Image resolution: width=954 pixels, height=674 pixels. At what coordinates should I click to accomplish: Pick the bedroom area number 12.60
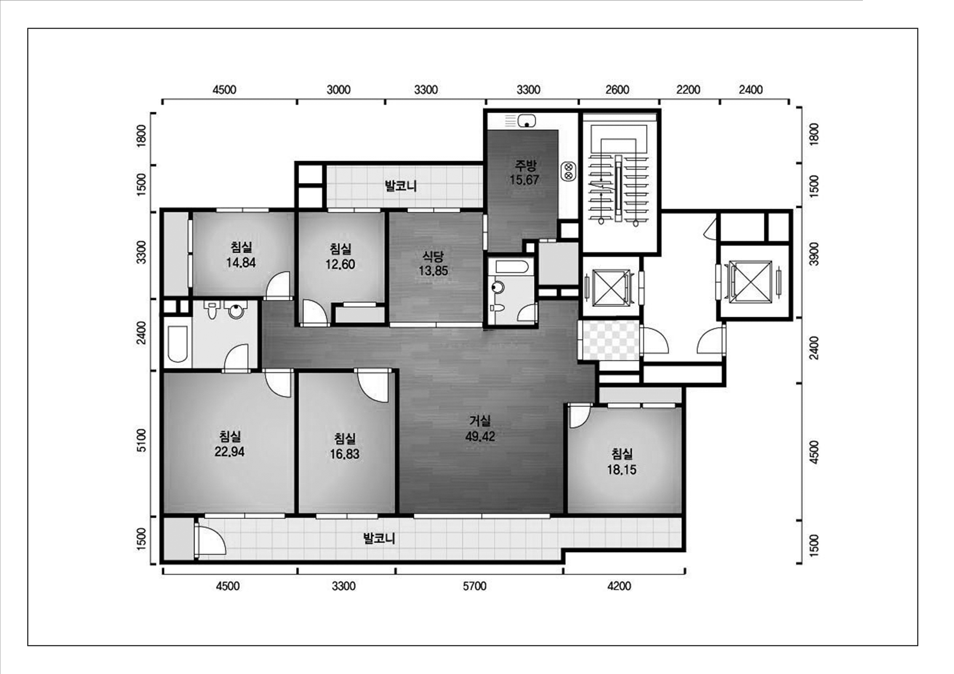click(340, 265)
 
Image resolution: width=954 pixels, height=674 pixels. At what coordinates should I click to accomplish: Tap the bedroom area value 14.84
click(241, 262)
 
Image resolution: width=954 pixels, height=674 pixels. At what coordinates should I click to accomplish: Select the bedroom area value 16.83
click(344, 454)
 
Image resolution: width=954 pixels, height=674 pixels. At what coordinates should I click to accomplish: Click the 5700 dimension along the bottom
click(475, 586)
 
